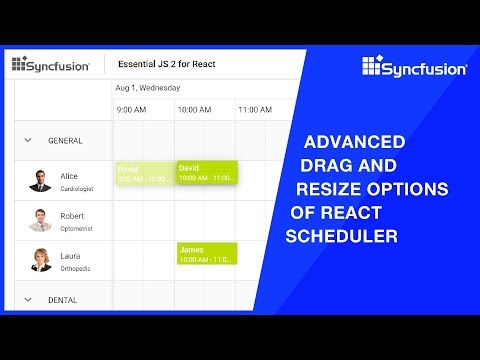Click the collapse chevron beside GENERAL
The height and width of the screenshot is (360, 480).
pyautogui.click(x=28, y=141)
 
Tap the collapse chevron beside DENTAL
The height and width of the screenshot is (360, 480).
pyautogui.click(x=28, y=299)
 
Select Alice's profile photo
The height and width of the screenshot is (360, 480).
pyautogui.click(x=40, y=180)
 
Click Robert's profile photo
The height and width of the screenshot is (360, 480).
pyautogui.click(x=40, y=220)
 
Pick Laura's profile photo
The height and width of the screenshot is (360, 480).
pyautogui.click(x=40, y=260)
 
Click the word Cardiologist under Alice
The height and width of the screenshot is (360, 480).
pyautogui.click(x=79, y=187)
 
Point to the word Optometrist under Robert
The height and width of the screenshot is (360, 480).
pyautogui.click(x=79, y=227)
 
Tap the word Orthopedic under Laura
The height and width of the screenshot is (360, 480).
pyautogui.click(x=78, y=267)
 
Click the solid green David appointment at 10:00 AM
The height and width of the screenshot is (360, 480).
pyautogui.click(x=206, y=173)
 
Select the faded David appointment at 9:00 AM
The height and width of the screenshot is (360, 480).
pyautogui.click(x=144, y=173)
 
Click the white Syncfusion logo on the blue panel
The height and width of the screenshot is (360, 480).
pyautogui.click(x=414, y=68)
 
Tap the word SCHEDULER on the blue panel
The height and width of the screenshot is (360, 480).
pyautogui.click(x=342, y=237)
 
